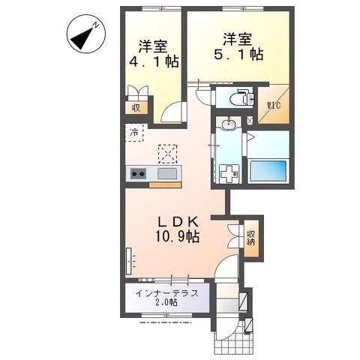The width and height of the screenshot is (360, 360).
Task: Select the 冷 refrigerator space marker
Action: coord(134,133)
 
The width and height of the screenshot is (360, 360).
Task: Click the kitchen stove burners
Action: coord(138,174)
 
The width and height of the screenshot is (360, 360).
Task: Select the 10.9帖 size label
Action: coord(177,237)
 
